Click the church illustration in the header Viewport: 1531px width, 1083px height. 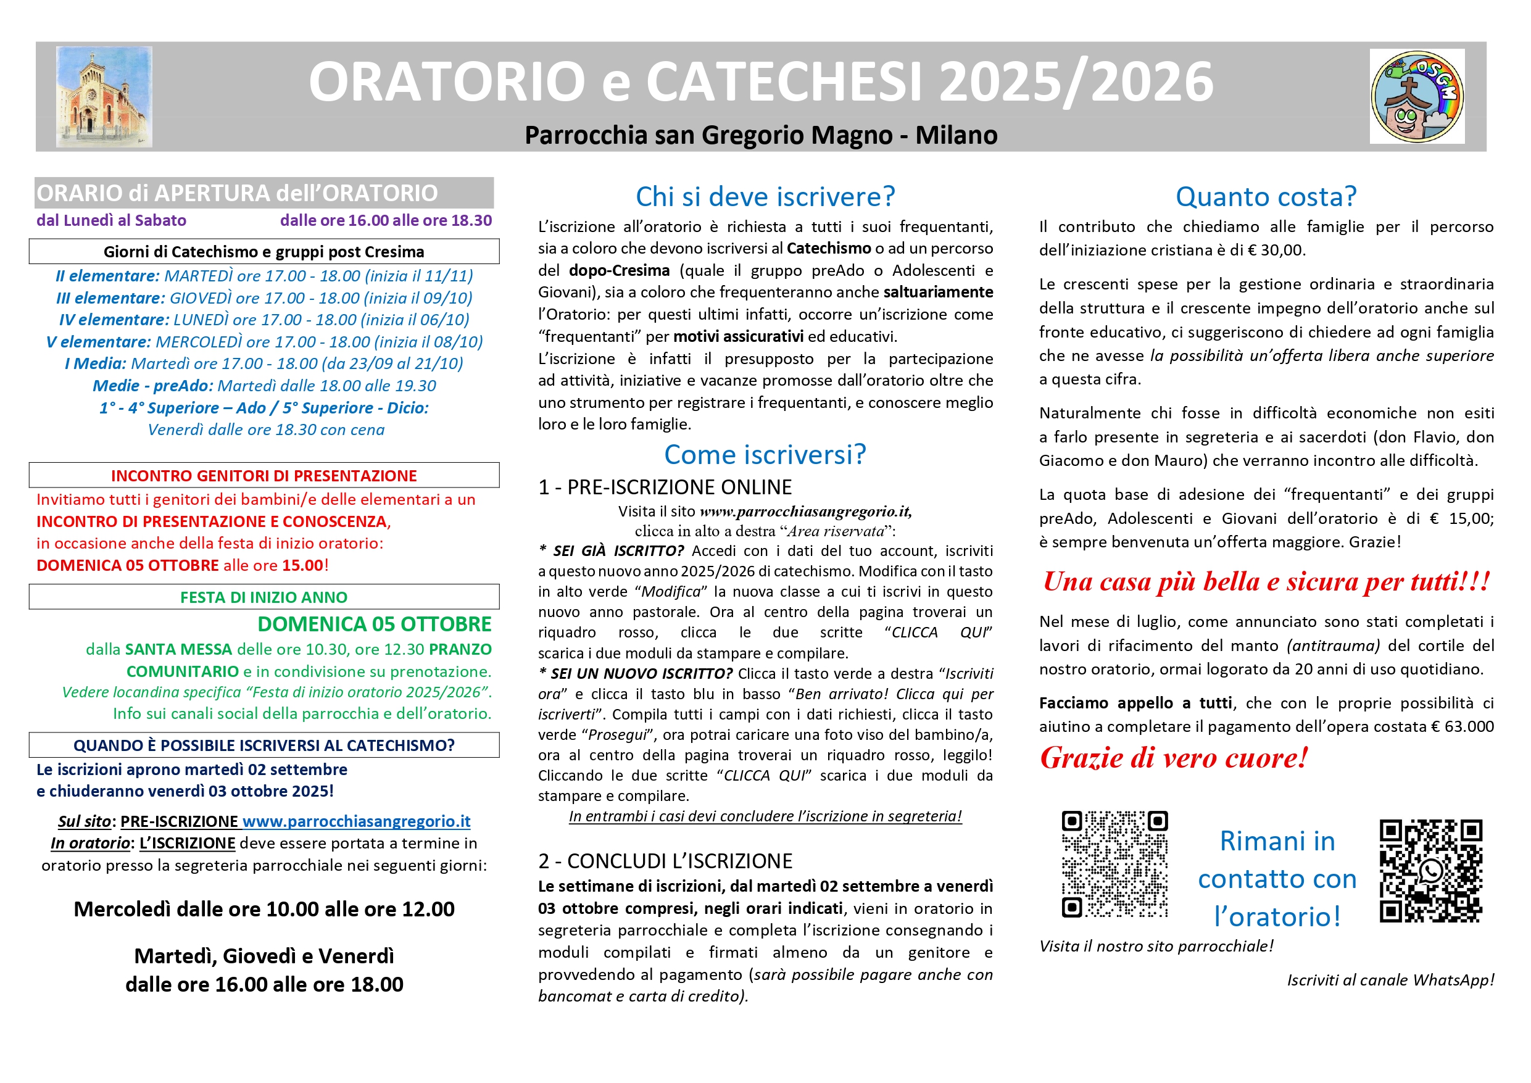104,97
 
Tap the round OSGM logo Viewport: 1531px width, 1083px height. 1417,97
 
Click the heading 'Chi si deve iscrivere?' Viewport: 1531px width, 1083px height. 765,197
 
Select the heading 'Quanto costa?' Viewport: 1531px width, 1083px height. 1266,197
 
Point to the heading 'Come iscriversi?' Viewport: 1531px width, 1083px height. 765,455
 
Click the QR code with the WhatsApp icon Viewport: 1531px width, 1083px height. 1430,871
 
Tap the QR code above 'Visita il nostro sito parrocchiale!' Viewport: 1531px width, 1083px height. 1114,865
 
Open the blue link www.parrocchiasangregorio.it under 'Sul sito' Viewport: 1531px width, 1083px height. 356,821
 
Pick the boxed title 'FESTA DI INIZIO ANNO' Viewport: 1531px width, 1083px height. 263,597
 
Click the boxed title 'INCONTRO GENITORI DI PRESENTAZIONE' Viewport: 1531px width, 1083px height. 263,476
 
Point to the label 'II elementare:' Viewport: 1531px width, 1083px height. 107,276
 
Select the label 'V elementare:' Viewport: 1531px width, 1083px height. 99,342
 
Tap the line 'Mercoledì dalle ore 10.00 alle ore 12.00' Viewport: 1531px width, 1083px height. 264,910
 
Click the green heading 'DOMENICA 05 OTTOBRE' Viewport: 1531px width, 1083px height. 374,624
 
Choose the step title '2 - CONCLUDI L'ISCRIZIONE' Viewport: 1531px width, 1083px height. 665,861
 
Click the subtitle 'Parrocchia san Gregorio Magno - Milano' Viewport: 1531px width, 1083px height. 761,135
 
